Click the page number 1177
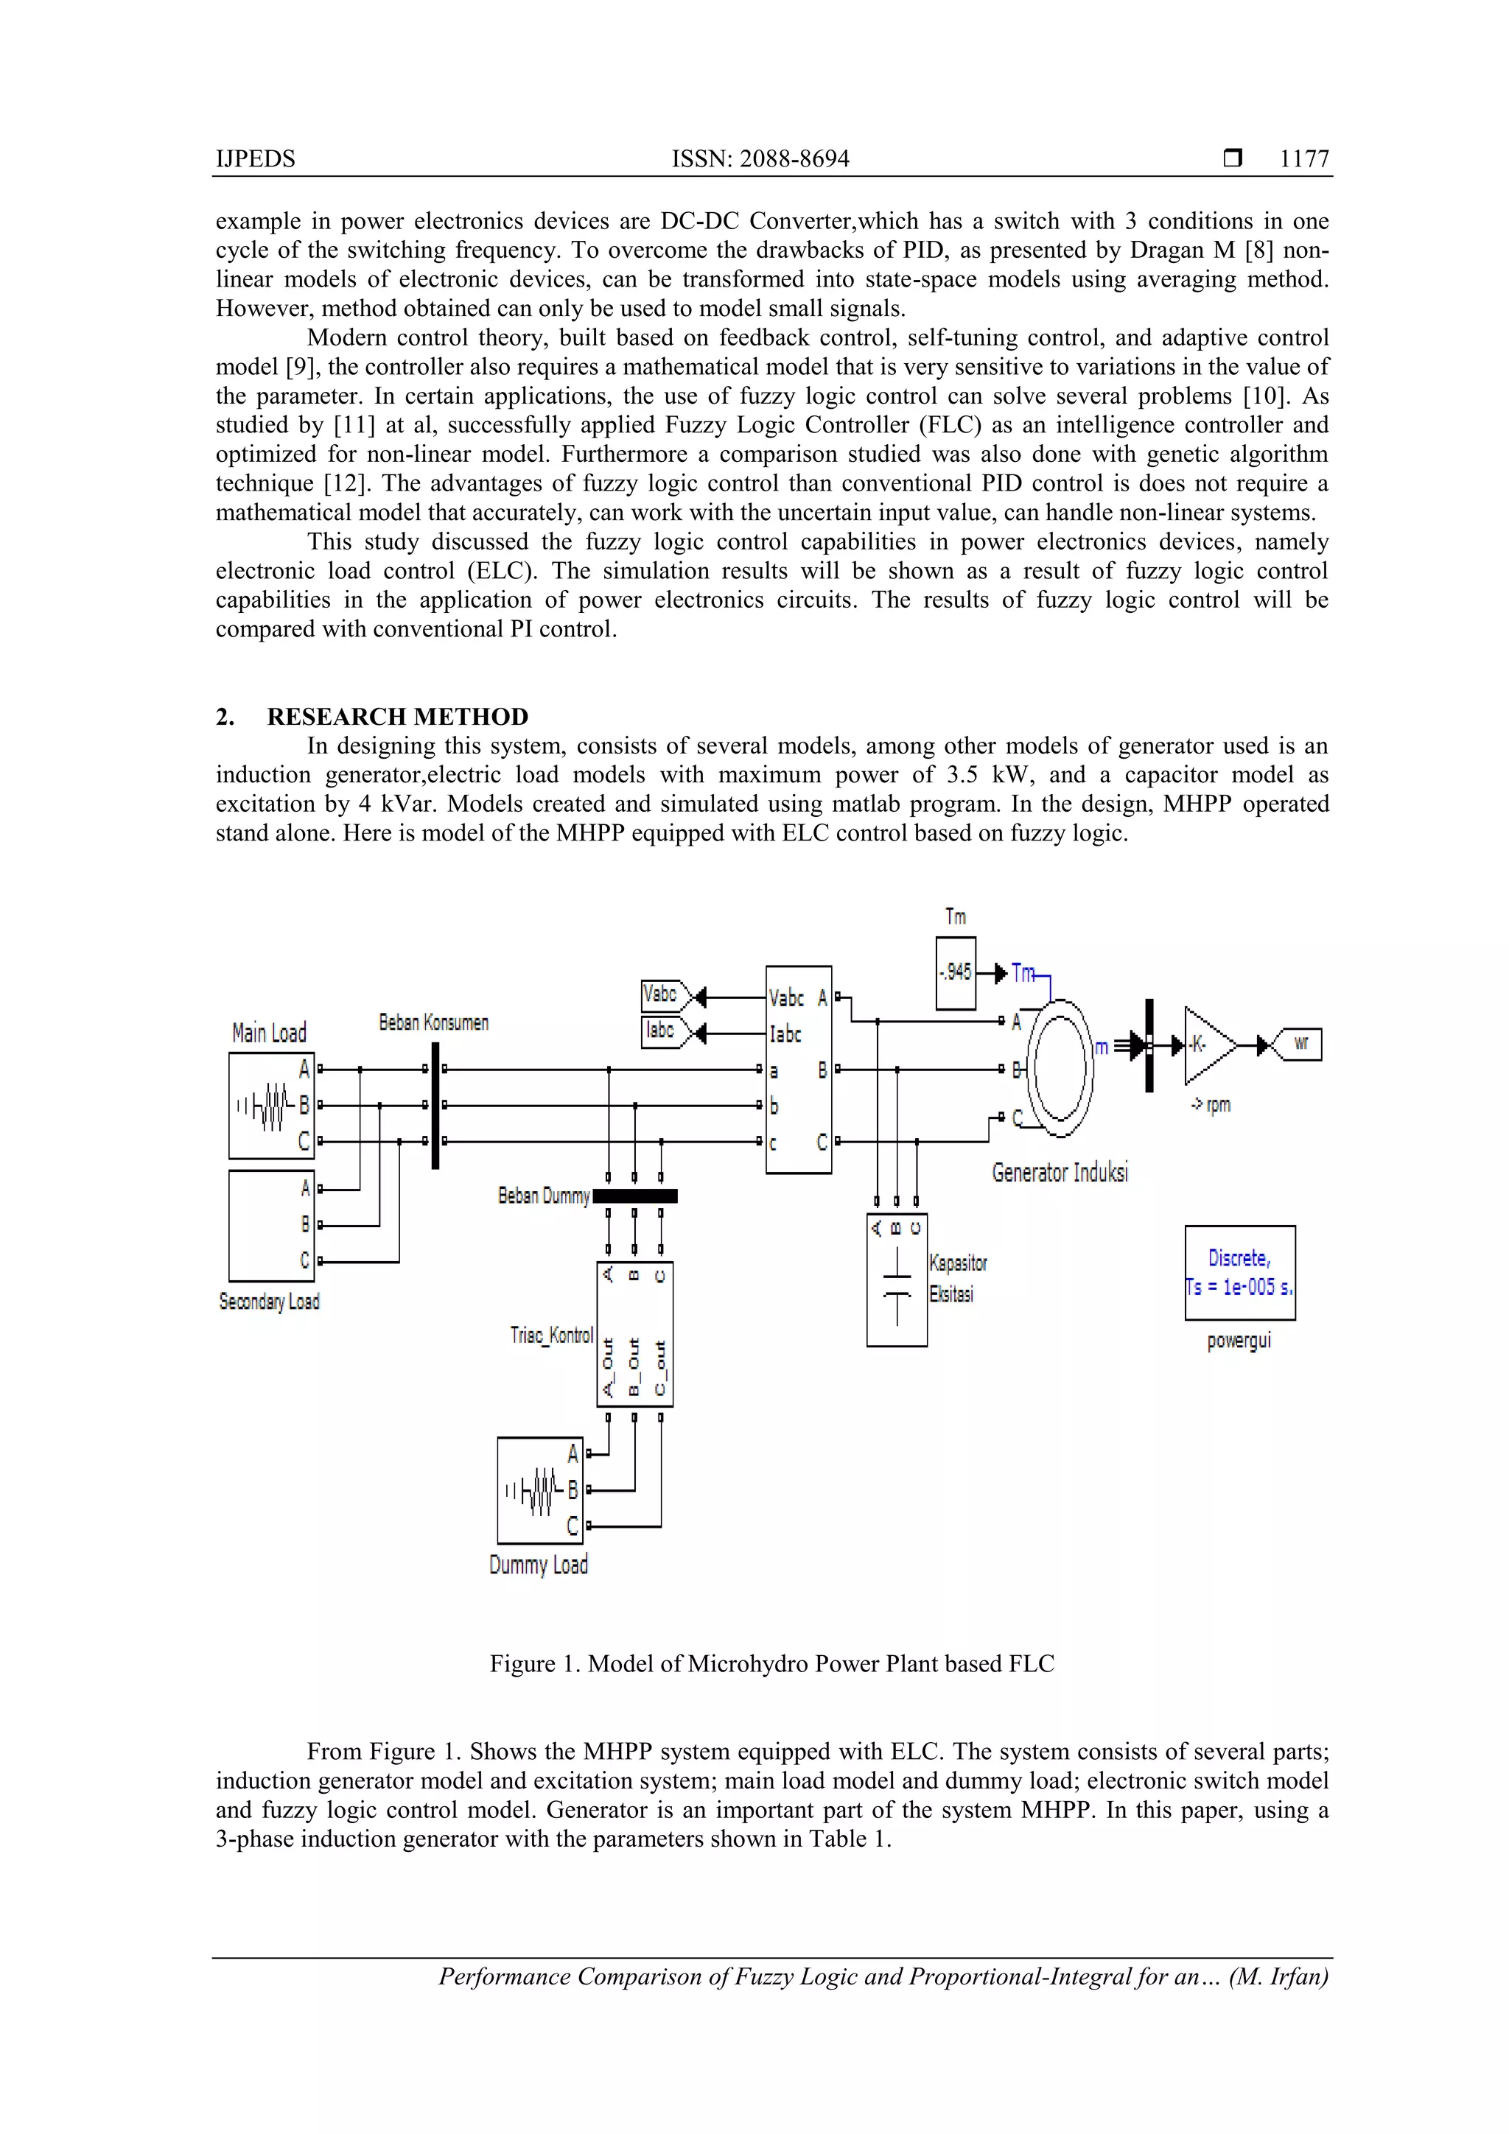point(1303,159)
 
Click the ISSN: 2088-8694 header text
point(760,159)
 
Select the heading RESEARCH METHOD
point(397,717)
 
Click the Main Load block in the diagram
point(270,1105)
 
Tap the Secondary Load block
point(270,1225)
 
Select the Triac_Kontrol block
point(634,1334)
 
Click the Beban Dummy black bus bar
point(635,1196)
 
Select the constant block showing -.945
point(955,972)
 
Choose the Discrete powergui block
point(1239,1272)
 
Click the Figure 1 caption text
point(771,1664)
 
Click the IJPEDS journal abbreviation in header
point(256,159)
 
